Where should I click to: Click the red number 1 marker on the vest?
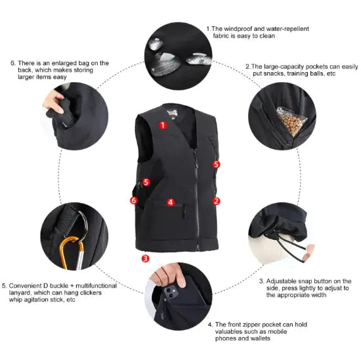tap(163, 123)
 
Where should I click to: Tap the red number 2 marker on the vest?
tap(217, 201)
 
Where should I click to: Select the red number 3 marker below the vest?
tap(145, 258)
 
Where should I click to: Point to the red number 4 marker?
tap(171, 202)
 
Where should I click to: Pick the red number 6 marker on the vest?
tap(134, 200)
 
